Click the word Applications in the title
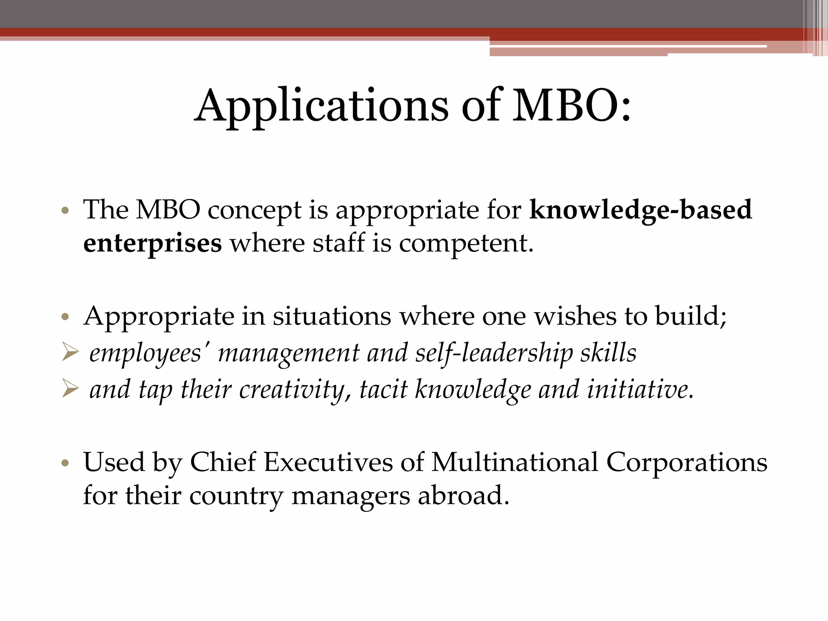point(321,106)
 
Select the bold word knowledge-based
point(641,210)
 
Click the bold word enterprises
point(152,244)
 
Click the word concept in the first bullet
point(254,210)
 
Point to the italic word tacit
point(383,390)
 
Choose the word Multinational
point(515,462)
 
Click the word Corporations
point(686,462)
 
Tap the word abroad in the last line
point(463,496)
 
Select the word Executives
point(328,462)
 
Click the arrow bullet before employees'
point(70,352)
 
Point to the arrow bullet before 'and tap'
point(70,389)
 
